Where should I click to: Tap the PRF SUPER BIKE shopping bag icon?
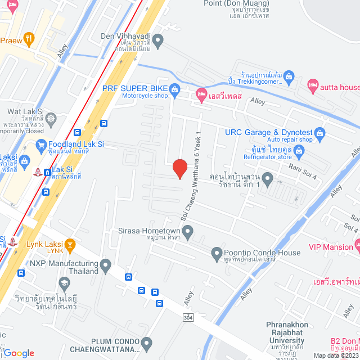point(174,89)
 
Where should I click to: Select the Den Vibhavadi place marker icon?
point(159,40)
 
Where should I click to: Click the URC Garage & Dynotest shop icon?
point(320,133)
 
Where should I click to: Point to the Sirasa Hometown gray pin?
point(188,231)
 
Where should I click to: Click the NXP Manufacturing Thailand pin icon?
point(106,264)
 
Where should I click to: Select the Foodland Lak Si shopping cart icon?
point(40,146)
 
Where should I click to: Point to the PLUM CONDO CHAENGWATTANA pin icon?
point(147,343)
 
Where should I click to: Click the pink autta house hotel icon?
point(313,85)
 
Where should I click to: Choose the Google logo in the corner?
point(19,353)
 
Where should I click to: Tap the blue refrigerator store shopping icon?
point(299,151)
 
